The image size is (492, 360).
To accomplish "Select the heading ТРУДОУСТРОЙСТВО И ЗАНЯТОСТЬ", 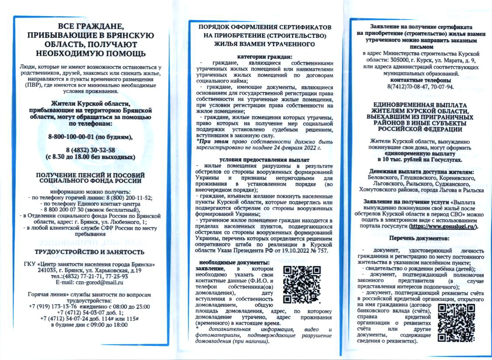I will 89,252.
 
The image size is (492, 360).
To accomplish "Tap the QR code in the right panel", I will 455,323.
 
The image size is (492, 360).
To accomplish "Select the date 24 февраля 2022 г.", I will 296,148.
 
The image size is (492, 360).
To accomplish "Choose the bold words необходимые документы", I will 234,262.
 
